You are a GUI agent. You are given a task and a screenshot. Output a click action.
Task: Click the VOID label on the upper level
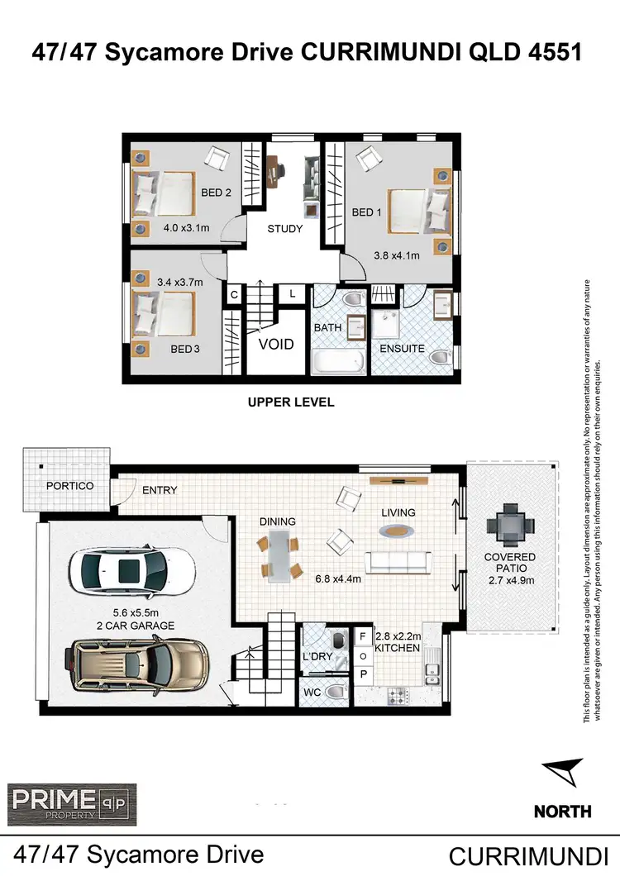click(x=276, y=343)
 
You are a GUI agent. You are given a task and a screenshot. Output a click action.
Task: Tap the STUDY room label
click(x=285, y=229)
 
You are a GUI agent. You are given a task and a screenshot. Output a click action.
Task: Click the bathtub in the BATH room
click(x=338, y=363)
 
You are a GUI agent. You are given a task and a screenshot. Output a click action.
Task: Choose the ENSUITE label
click(x=402, y=348)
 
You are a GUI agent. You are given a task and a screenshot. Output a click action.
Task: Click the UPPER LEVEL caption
click(x=291, y=402)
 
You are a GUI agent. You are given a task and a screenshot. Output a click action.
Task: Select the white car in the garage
click(x=133, y=569)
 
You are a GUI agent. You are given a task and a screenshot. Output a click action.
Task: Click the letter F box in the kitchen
click(x=362, y=636)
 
